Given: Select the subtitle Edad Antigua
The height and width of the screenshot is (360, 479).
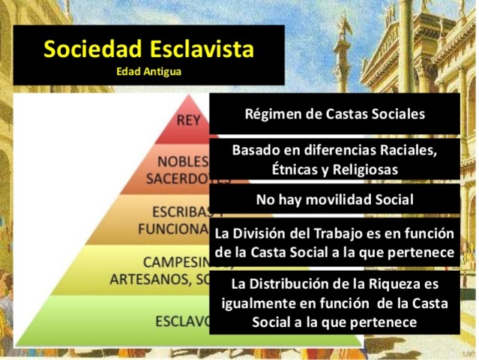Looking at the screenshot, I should pyautogui.click(x=149, y=72).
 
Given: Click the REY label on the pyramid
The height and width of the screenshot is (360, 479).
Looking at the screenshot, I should pyautogui.click(x=189, y=120).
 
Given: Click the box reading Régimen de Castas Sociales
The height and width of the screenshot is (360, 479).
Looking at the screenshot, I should pyautogui.click(x=334, y=114).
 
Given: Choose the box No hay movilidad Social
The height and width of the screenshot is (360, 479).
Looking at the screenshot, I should pyautogui.click(x=334, y=200).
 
